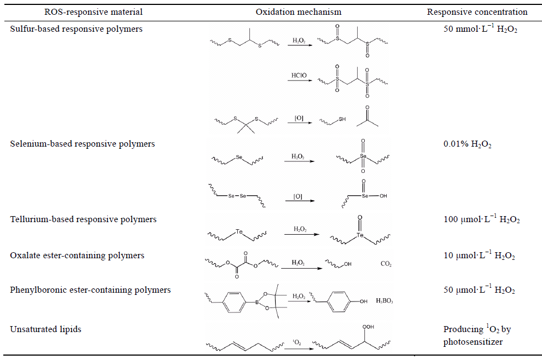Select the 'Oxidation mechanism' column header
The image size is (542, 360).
coord(299,11)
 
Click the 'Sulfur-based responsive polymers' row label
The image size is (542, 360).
coord(77,29)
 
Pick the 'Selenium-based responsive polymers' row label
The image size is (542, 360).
coord(83,144)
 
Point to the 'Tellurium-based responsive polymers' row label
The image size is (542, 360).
coord(83,219)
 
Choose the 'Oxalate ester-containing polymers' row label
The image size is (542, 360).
coord(77,256)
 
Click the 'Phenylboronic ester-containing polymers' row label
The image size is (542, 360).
coord(90,289)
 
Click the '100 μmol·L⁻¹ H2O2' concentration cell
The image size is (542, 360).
coord(482,219)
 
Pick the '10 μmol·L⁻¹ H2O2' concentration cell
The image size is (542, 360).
coord(480,256)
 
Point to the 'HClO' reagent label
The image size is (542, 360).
coord(298,75)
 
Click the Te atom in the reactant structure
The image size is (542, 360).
coord(239,231)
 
